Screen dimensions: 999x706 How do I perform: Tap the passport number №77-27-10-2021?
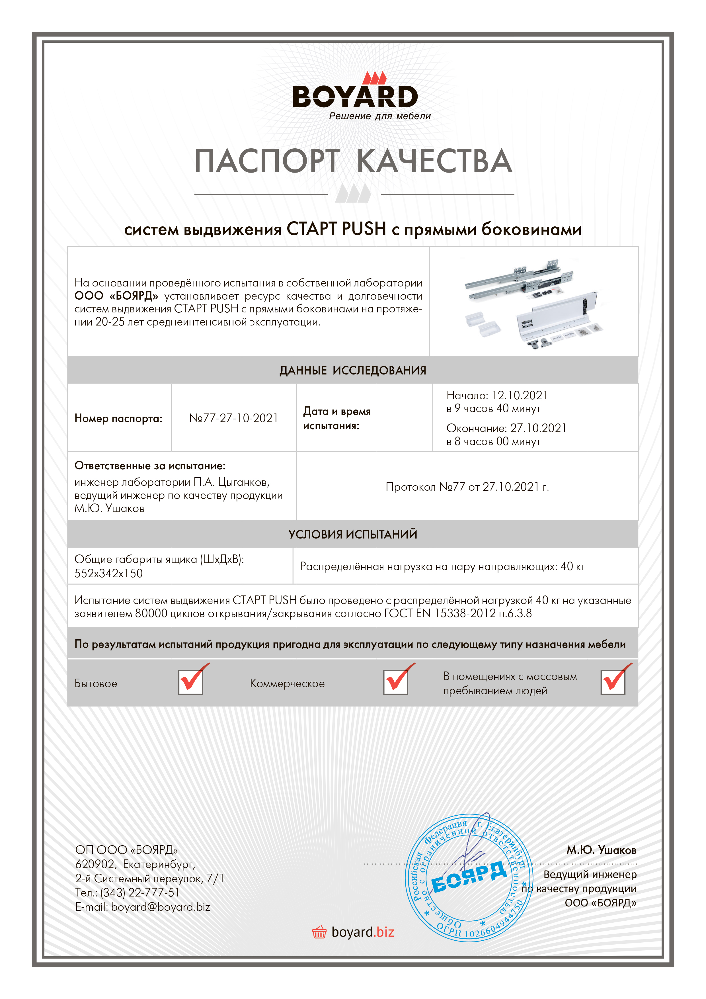[x=234, y=418]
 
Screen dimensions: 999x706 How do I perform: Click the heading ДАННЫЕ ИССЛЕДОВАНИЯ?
[x=353, y=370]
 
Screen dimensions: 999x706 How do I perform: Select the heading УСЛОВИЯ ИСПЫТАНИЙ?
[x=353, y=534]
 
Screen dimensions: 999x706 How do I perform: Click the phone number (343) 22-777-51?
[x=140, y=892]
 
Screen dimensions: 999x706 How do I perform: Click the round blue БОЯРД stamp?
[x=469, y=878]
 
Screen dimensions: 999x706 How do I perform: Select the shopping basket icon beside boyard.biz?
[x=319, y=932]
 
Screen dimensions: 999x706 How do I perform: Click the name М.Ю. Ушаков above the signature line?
[x=601, y=850]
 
